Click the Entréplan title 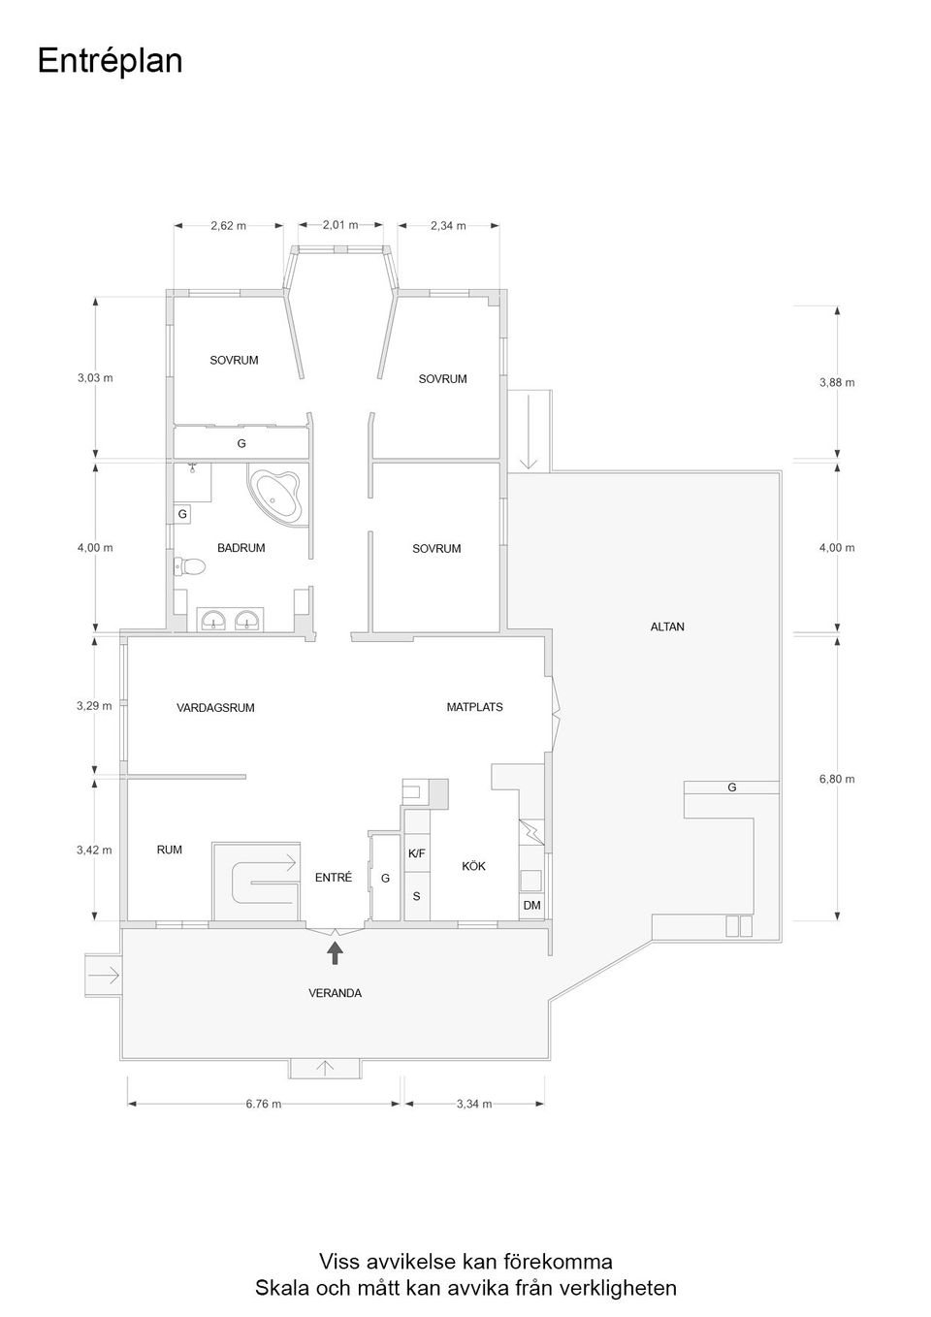(110, 61)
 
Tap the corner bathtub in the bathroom (277, 496)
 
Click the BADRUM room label (241, 548)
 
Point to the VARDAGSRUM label (215, 708)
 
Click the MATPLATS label (474, 707)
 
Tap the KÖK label (473, 866)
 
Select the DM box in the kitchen (531, 905)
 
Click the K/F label (416, 853)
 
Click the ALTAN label (667, 626)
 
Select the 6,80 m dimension (836, 779)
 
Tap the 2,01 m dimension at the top (340, 225)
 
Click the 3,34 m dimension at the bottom (474, 1104)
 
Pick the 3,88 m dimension (836, 382)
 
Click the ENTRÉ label (334, 878)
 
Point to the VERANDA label (335, 993)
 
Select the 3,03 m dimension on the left (95, 377)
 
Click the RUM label (170, 850)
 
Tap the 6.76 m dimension (263, 1104)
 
